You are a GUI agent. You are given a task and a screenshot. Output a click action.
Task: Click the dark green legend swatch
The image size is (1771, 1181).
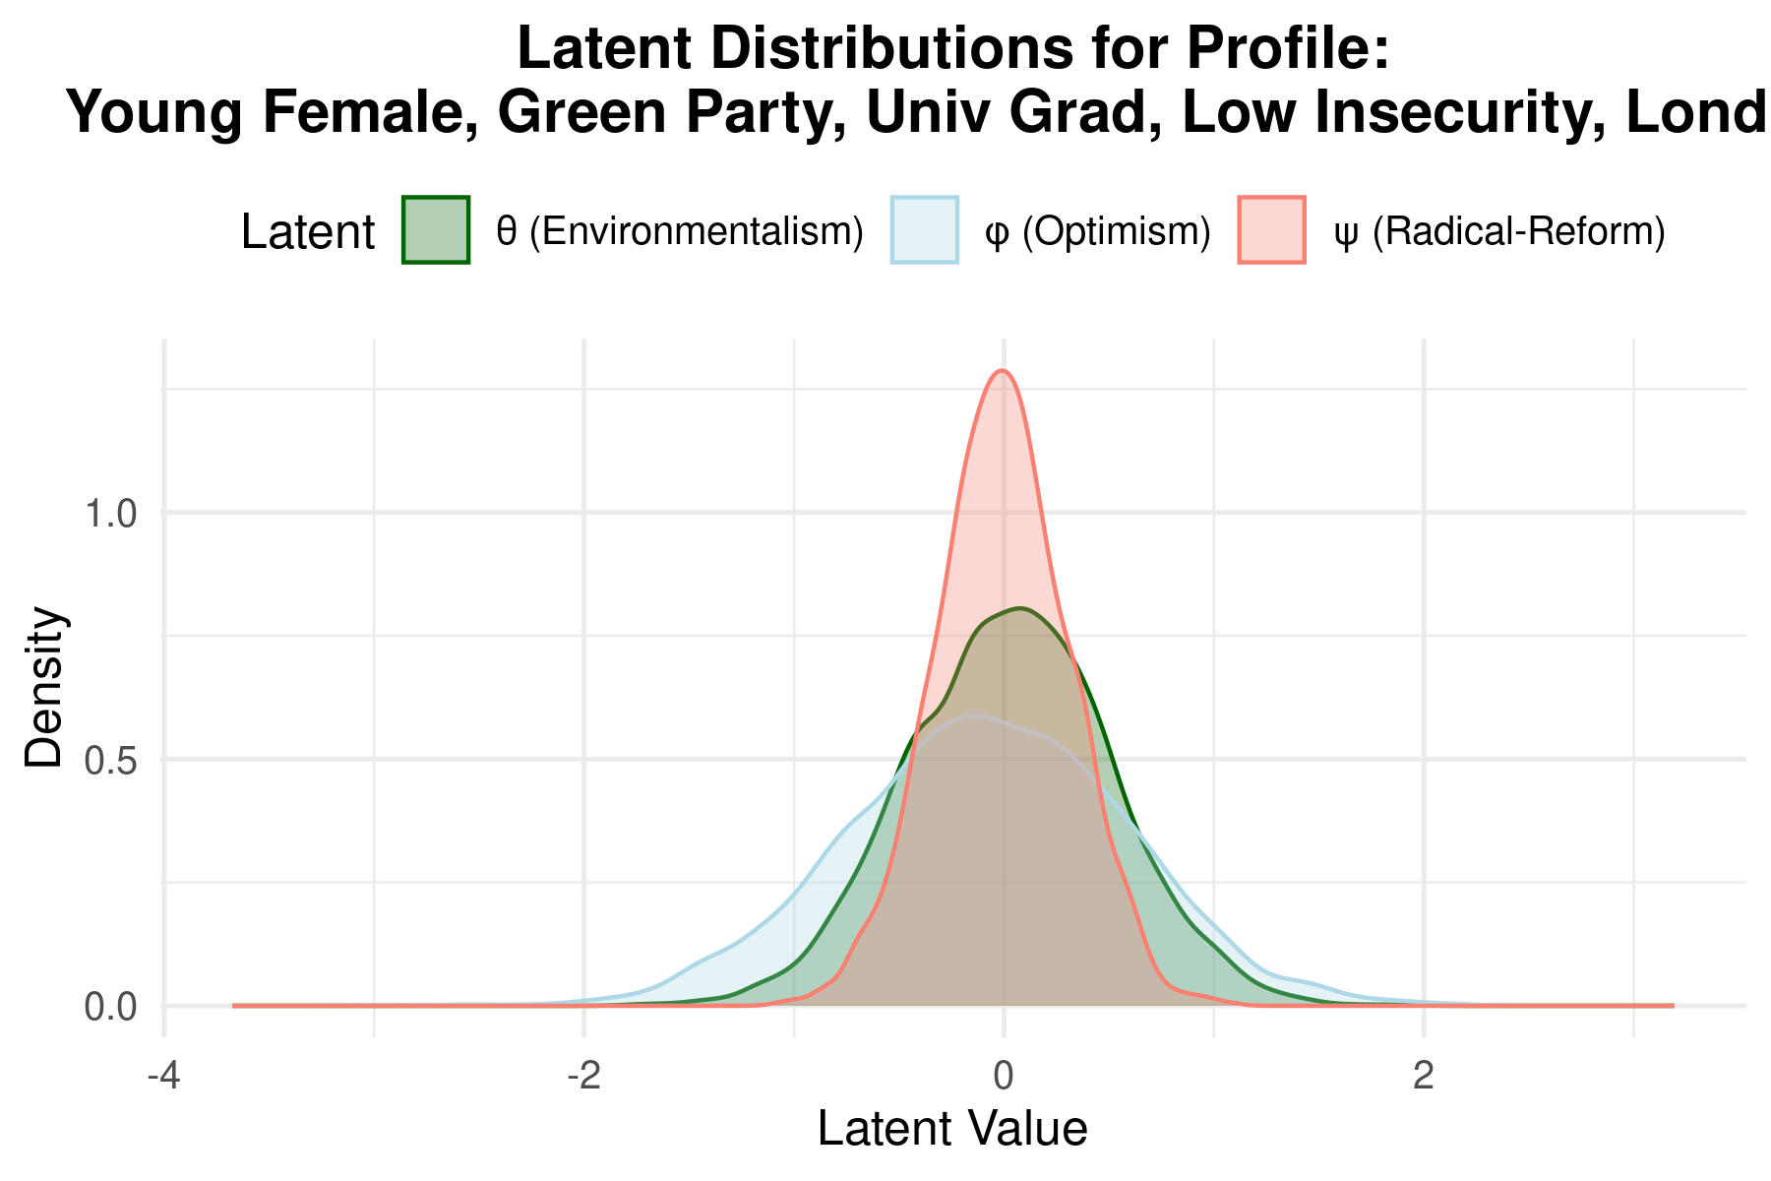[x=436, y=229]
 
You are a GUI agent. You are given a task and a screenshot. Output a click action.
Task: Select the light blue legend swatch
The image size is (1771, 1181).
[x=925, y=229]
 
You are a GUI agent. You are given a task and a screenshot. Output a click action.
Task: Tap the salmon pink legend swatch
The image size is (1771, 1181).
[x=1272, y=229]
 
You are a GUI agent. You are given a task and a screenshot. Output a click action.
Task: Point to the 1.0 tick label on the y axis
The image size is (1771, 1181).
[x=110, y=514]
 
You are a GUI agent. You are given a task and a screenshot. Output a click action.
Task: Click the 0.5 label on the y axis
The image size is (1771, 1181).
[x=110, y=760]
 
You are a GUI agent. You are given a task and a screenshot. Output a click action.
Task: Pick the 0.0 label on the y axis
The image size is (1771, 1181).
[x=110, y=1007]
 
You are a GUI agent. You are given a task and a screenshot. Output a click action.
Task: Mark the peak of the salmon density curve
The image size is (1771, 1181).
[x=1002, y=369]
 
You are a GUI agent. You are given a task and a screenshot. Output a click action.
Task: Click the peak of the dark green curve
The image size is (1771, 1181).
[x=1021, y=608]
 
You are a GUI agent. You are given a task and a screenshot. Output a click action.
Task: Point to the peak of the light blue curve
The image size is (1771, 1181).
[x=974, y=715]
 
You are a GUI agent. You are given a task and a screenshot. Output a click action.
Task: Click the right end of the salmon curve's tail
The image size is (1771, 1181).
[x=1674, y=1005]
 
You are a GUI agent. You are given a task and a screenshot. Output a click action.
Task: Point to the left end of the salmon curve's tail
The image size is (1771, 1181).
[x=233, y=1005]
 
